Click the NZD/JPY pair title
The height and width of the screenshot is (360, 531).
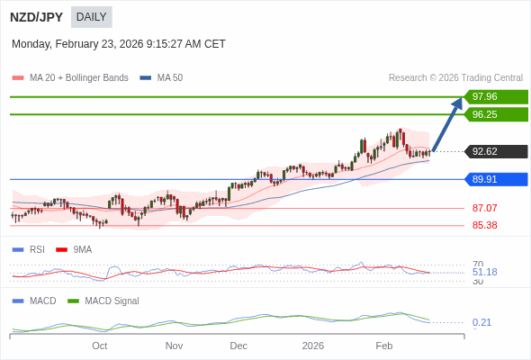click(36, 17)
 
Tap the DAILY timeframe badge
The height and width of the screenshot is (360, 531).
click(91, 17)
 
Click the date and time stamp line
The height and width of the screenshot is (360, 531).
click(119, 44)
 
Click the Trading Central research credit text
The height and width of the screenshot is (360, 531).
click(455, 78)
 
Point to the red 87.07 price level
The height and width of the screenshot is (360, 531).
click(484, 208)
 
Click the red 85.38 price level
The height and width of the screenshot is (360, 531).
click(484, 225)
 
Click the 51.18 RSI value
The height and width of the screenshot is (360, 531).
click(484, 272)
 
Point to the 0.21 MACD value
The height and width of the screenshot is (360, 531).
click(481, 322)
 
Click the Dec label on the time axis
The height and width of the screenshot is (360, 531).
click(238, 346)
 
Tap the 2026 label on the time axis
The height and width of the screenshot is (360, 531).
click(313, 346)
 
